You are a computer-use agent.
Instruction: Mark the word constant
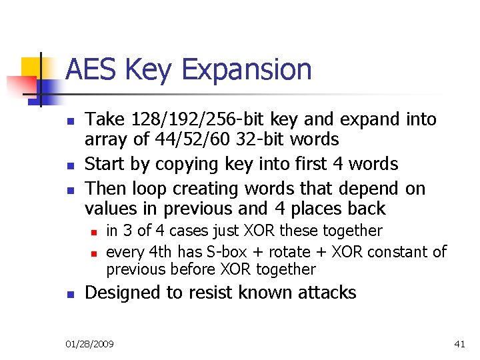pyautogui.click(x=399, y=252)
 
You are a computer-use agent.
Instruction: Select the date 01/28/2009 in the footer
pyautogui.click(x=89, y=344)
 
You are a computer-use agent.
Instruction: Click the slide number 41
pyautogui.click(x=459, y=344)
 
